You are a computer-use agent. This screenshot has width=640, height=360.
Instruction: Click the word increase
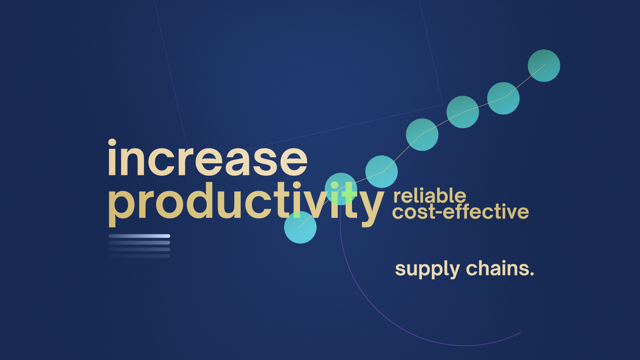point(207,157)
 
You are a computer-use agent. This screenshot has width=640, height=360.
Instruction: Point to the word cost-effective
point(461,211)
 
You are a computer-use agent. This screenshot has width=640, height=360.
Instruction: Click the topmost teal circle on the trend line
point(544,66)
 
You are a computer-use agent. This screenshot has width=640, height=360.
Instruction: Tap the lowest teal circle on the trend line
point(300,227)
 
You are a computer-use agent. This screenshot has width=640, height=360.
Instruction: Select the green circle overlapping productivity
point(341,189)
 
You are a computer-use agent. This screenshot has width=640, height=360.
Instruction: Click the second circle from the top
point(503,98)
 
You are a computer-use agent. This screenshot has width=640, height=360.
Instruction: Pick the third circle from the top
point(463,112)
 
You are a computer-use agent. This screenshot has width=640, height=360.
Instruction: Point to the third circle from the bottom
point(382,172)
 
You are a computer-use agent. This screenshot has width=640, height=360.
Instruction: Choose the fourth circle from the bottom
point(422,135)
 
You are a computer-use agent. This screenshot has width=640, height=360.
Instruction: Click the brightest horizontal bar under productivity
point(139,236)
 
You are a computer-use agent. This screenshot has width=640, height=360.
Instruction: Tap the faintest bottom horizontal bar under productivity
point(139,256)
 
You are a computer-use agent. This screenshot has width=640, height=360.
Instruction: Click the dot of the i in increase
point(112,143)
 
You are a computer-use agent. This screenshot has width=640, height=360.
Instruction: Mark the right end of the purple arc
point(521,332)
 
